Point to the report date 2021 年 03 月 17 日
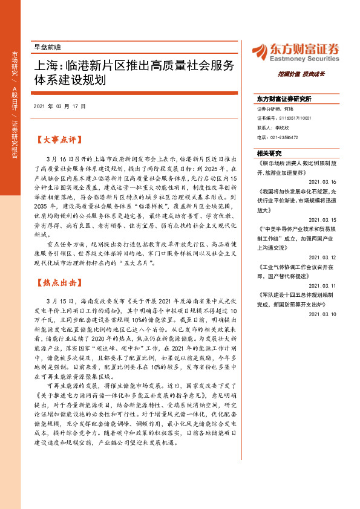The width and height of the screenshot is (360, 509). pos(60,106)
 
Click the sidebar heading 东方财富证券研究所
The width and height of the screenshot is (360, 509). pos(283,97)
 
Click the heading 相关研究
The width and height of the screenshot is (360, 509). pos(270,153)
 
